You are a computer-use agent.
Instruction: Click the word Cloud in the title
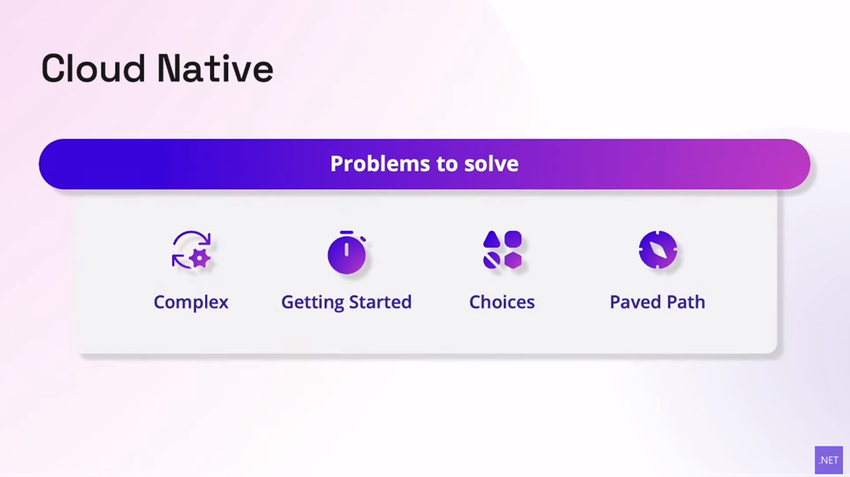pyautogui.click(x=93, y=69)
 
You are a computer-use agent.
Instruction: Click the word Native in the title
pyautogui.click(x=215, y=69)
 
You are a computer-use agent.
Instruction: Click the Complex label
pyautogui.click(x=191, y=303)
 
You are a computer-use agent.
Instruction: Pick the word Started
pyautogui.click(x=380, y=302)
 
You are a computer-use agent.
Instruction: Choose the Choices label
pyautogui.click(x=502, y=302)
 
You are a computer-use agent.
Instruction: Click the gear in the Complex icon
pyautogui.click(x=200, y=259)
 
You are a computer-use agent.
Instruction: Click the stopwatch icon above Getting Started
pyautogui.click(x=347, y=252)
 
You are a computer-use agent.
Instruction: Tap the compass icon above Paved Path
pyautogui.click(x=657, y=250)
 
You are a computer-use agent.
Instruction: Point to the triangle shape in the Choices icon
pyautogui.click(x=491, y=239)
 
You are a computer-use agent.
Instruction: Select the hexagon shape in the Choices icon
pyautogui.click(x=513, y=260)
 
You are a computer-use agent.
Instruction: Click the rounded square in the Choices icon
pyautogui.click(x=513, y=239)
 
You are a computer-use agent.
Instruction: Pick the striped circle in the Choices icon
pyautogui.click(x=491, y=260)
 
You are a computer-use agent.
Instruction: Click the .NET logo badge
pyautogui.click(x=829, y=460)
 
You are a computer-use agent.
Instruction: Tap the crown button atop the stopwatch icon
pyautogui.click(x=347, y=232)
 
